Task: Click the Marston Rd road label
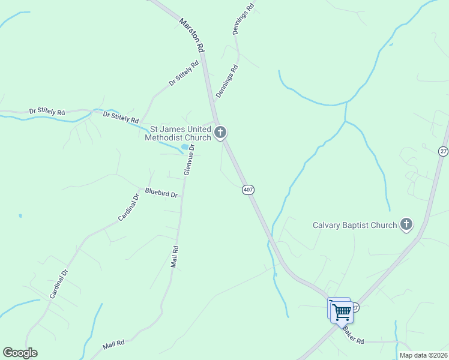click(x=192, y=34)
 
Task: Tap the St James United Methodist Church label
click(x=178, y=133)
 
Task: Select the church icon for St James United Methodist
click(x=220, y=132)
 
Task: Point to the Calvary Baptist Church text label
click(x=355, y=226)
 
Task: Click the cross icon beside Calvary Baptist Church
click(x=406, y=225)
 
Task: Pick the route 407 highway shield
click(x=249, y=190)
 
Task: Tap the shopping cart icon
click(x=341, y=311)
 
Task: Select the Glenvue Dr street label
click(x=189, y=160)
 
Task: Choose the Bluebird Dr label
click(x=161, y=194)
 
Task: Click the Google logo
click(x=20, y=353)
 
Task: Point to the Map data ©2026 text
click(x=424, y=355)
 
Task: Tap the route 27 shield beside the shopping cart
click(x=355, y=307)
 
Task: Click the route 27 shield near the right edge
click(x=443, y=151)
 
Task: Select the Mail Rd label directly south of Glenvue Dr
click(x=175, y=257)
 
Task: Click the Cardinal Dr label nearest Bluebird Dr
click(x=128, y=207)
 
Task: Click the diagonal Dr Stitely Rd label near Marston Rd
click(x=183, y=73)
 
